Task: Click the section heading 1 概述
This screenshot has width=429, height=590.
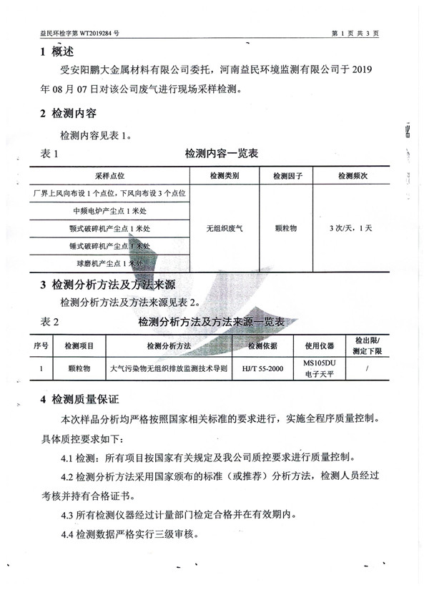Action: point(56,51)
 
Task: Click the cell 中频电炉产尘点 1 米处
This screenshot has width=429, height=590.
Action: point(109,211)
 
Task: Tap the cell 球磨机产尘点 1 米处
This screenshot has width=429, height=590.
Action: point(109,264)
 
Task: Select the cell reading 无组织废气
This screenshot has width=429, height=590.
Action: point(225,229)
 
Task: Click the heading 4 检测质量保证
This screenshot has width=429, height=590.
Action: point(79,398)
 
